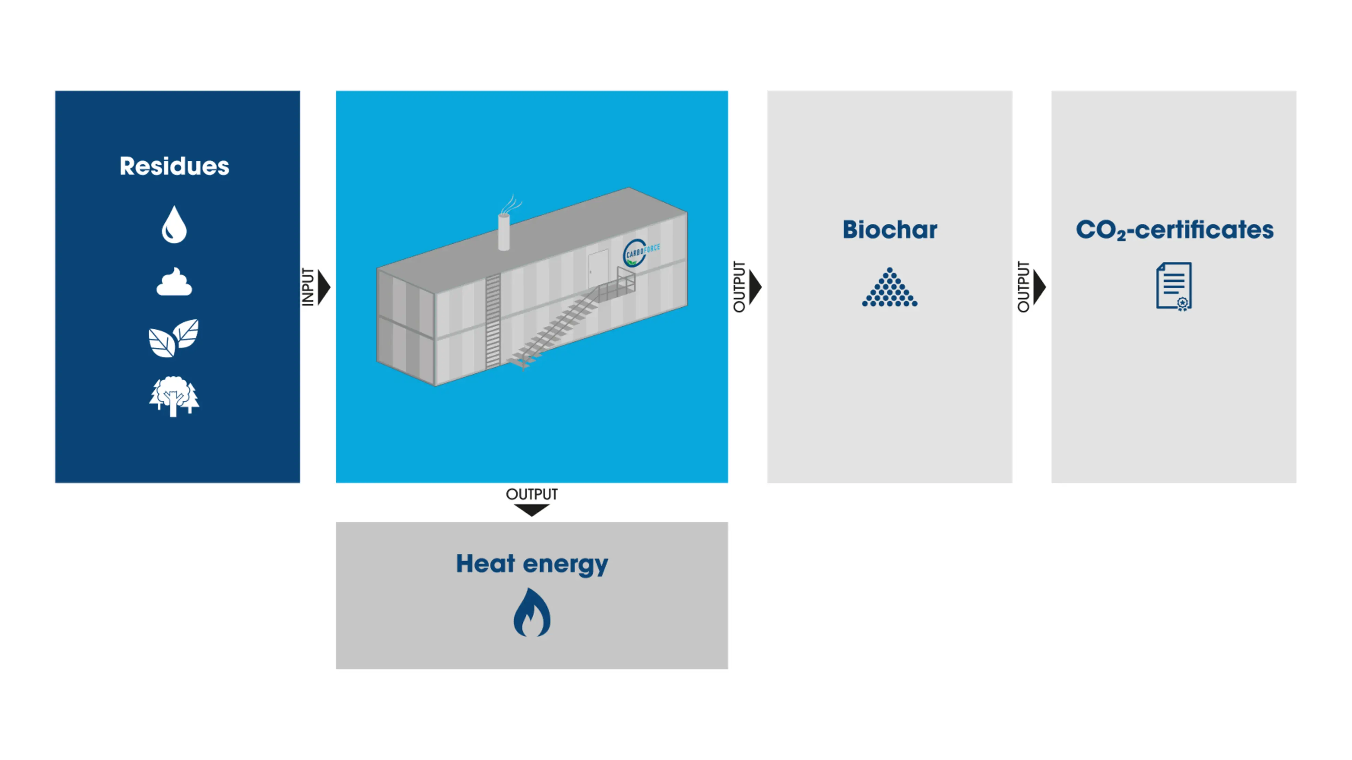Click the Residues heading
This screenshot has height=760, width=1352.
(x=174, y=166)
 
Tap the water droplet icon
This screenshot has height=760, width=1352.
(x=174, y=225)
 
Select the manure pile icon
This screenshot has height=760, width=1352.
(x=174, y=282)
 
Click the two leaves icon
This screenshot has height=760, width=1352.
(x=174, y=338)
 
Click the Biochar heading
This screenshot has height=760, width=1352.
(x=889, y=230)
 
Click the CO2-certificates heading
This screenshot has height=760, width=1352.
(x=1174, y=230)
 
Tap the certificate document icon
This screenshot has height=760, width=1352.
(x=1174, y=286)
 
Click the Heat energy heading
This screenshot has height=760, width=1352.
(x=532, y=564)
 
